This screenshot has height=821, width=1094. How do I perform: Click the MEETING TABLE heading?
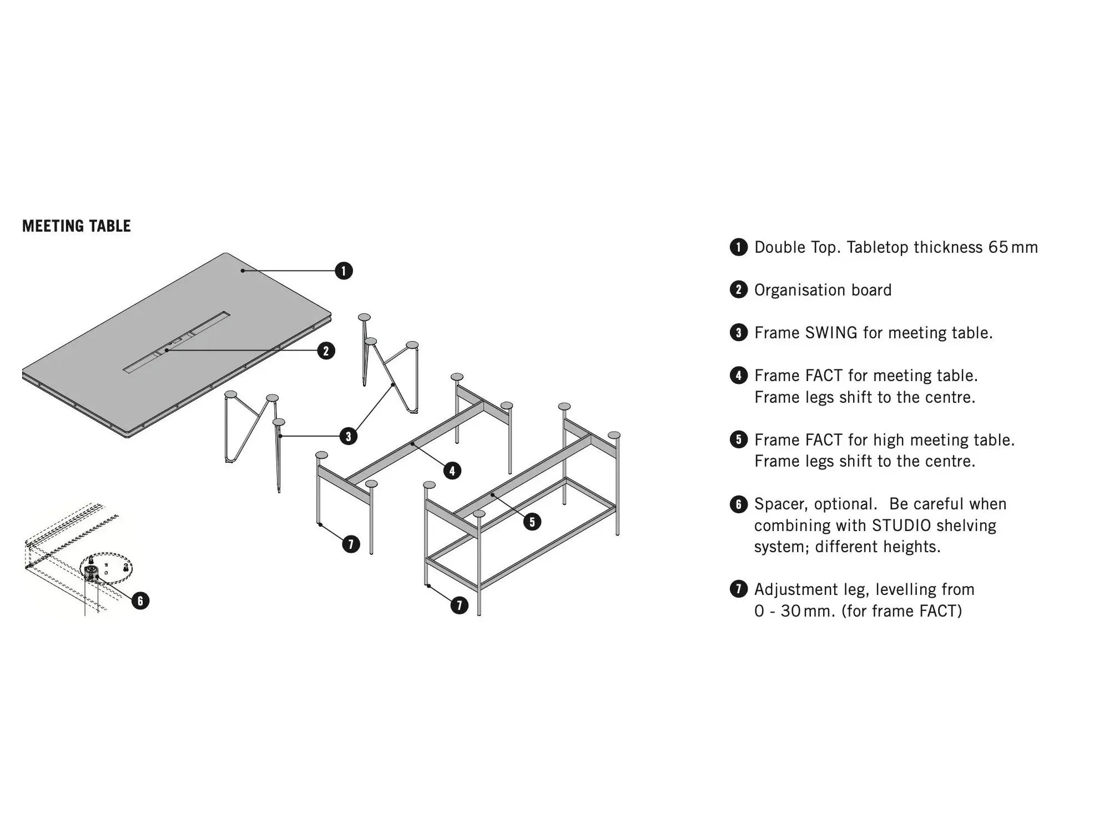pyautogui.click(x=77, y=226)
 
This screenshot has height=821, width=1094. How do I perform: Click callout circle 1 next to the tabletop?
pyautogui.click(x=344, y=271)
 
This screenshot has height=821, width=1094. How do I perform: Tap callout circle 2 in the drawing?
pyautogui.click(x=326, y=351)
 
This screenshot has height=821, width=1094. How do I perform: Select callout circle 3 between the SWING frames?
pyautogui.click(x=348, y=436)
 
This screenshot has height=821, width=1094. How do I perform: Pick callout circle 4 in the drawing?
pyautogui.click(x=452, y=471)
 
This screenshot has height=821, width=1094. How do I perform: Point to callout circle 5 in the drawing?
pyautogui.click(x=532, y=522)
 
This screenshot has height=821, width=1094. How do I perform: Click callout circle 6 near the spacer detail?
pyautogui.click(x=140, y=600)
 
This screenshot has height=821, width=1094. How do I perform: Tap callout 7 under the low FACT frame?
pyautogui.click(x=350, y=544)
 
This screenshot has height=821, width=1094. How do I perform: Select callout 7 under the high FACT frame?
pyautogui.click(x=459, y=605)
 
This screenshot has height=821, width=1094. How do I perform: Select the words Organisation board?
pyautogui.click(x=823, y=290)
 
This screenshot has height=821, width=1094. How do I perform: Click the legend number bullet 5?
pyautogui.click(x=738, y=440)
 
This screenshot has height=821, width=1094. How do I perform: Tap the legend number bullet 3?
pyautogui.click(x=738, y=333)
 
